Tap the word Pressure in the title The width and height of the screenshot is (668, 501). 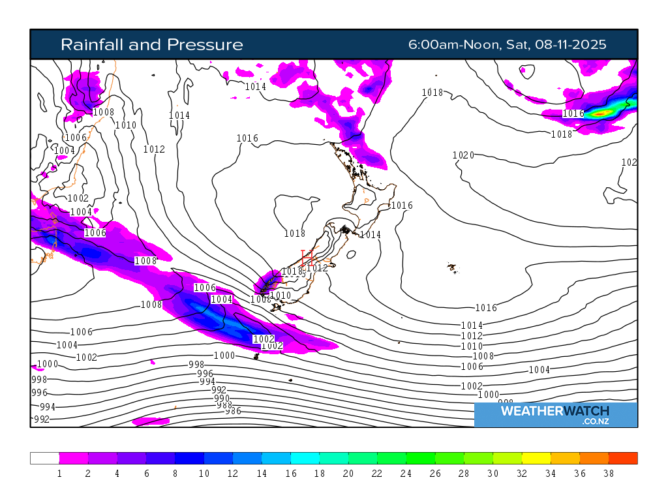(x=205, y=44)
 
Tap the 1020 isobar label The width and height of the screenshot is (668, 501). (x=463, y=155)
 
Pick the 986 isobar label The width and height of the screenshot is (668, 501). (x=233, y=411)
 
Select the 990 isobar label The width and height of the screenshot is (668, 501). (x=222, y=398)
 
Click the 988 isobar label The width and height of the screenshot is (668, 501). (x=225, y=405)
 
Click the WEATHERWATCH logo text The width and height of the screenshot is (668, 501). (x=554, y=411)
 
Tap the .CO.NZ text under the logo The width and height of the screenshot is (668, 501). (x=595, y=422)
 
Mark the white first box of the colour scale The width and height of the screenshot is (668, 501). (x=44, y=458)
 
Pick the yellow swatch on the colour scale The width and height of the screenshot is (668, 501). (x=536, y=458)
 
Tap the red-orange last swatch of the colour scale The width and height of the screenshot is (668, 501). (x=623, y=458)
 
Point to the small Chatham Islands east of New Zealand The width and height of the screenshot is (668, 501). (x=451, y=267)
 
